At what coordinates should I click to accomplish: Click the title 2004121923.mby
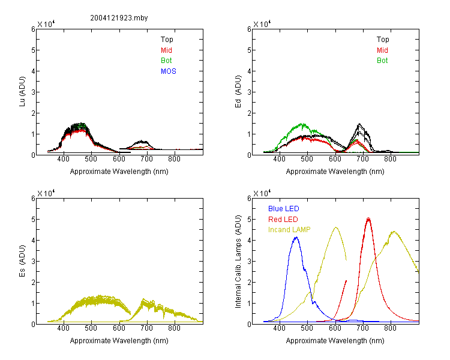tap(119, 18)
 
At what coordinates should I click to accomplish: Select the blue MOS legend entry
tap(169, 71)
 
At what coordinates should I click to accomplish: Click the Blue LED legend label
tap(284, 209)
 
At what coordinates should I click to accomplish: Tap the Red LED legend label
tap(283, 220)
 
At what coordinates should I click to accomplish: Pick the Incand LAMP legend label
tap(289, 230)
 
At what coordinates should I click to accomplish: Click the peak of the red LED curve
tap(368, 219)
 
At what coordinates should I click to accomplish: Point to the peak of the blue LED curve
tap(296, 238)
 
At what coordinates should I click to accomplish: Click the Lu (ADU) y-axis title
tap(22, 92)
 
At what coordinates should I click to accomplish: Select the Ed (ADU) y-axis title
tap(238, 92)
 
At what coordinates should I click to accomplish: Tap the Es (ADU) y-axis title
tap(22, 261)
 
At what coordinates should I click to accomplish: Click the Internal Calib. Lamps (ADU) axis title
tap(238, 262)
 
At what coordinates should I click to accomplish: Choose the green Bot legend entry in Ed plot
tap(382, 61)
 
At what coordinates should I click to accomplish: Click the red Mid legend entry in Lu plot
tap(166, 50)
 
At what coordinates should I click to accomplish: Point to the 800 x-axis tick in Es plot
tap(175, 328)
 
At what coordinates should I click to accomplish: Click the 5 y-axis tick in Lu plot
tap(33, 50)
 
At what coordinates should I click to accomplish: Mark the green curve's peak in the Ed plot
tap(302, 124)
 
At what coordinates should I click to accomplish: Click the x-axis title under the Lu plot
tap(119, 172)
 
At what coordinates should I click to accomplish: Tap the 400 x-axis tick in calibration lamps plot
tap(279, 328)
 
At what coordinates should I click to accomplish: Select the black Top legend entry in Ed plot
tap(383, 40)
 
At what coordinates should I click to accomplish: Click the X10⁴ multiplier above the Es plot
tap(46, 193)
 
